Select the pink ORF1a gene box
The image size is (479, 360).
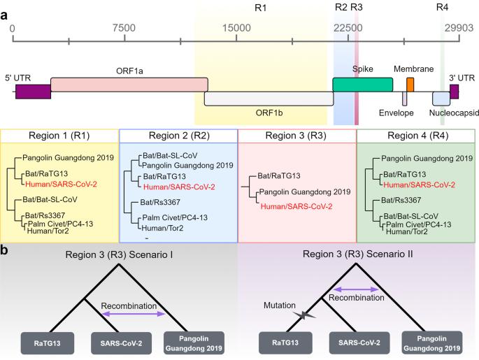click(x=129, y=84)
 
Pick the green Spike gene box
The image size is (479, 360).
click(x=362, y=84)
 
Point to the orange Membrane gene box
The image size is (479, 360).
click(x=410, y=85)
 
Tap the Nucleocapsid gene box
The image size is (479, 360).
click(x=441, y=98)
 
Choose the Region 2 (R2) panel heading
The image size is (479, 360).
click(x=178, y=135)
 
